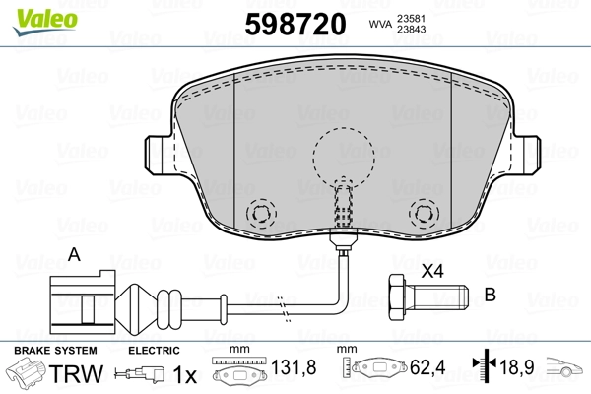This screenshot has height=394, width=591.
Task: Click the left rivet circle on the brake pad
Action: click(x=260, y=213)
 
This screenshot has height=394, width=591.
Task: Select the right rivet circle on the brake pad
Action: click(x=423, y=213)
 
